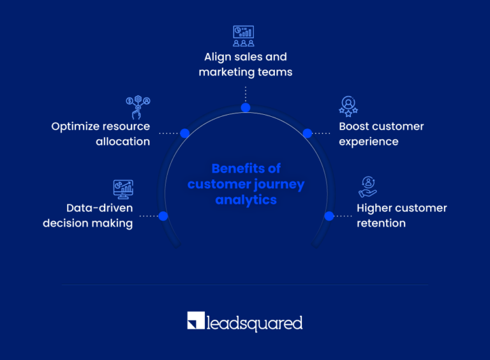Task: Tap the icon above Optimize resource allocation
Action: pyautogui.click(x=137, y=107)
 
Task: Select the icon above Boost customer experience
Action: pyautogui.click(x=348, y=105)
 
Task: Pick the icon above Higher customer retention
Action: pyautogui.click(x=368, y=187)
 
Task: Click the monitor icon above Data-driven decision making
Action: pyautogui.click(x=123, y=188)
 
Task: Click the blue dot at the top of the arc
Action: pyautogui.click(x=246, y=107)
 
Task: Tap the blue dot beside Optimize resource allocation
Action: pyautogui.click(x=184, y=133)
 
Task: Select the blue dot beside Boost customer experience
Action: pyautogui.click(x=307, y=133)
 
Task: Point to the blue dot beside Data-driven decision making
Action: pyautogui.click(x=163, y=216)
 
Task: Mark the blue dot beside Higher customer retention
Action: pyautogui.click(x=329, y=216)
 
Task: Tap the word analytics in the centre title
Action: pyautogui.click(x=246, y=200)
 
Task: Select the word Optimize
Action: pyautogui.click(x=77, y=126)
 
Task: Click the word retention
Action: pyautogui.click(x=381, y=223)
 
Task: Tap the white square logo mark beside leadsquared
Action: pyautogui.click(x=195, y=321)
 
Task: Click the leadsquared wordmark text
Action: pyautogui.click(x=254, y=322)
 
